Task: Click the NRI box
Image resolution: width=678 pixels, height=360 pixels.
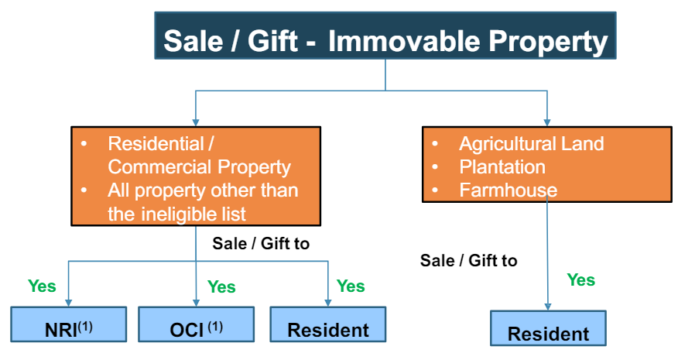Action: pos(69,324)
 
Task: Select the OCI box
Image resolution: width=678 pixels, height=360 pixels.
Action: pos(197,324)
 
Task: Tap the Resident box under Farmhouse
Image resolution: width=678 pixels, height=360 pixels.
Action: pos(548,328)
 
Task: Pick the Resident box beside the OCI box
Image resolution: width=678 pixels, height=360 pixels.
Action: pos(328,324)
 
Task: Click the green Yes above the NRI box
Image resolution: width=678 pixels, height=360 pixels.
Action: pos(42,286)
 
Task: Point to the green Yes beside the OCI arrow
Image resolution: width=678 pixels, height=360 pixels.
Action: pos(221,286)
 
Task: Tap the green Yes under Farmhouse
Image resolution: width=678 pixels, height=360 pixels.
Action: pos(581,280)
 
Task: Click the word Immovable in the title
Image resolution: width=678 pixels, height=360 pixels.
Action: pos(404,41)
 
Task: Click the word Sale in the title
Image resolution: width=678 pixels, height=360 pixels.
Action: pos(193,41)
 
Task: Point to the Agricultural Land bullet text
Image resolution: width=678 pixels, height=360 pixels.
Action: pos(532,144)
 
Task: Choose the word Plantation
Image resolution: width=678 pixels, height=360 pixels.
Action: pos(502,167)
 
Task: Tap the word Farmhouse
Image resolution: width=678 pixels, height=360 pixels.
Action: pos(508,190)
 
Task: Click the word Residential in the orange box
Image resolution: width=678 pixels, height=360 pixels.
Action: pos(156,144)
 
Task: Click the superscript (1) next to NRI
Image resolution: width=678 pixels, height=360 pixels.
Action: pos(85,326)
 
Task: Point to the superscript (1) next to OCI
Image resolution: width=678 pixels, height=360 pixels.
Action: pos(215,326)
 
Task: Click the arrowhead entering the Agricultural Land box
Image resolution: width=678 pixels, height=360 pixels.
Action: pos(547,123)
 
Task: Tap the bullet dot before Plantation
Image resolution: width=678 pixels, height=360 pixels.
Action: pos(435,166)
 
